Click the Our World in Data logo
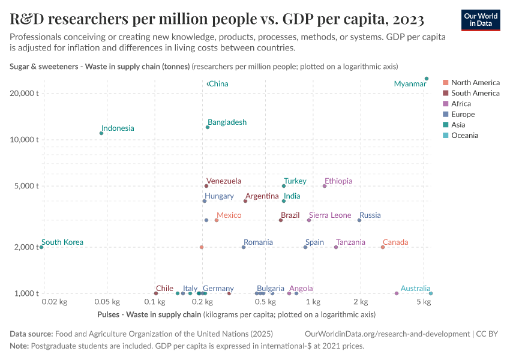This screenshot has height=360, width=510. pyautogui.click(x=480, y=20)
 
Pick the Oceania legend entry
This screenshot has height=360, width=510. pyautogui.click(x=464, y=136)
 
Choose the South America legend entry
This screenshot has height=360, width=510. pyautogui.click(x=475, y=93)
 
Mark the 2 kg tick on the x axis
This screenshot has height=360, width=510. pyautogui.click(x=360, y=302)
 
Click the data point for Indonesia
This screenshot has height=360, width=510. pyautogui.click(x=101, y=133)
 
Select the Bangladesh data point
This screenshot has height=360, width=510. pyautogui.click(x=208, y=127)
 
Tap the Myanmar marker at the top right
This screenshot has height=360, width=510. pyautogui.click(x=427, y=79)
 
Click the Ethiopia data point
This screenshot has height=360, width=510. pyautogui.click(x=325, y=186)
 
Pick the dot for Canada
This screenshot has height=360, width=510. pyautogui.click(x=383, y=247)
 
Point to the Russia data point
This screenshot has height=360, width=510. pyautogui.click(x=359, y=220)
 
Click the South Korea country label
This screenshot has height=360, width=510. pyautogui.click(x=62, y=242)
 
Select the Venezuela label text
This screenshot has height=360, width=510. pyautogui.click(x=224, y=181)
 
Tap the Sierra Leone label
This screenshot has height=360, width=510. pyautogui.click(x=330, y=215)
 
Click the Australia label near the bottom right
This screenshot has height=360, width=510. pyautogui.click(x=415, y=289)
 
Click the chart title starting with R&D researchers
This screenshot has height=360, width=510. pyautogui.click(x=217, y=20)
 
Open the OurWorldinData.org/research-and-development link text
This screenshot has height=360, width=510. pyautogui.click(x=387, y=334)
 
